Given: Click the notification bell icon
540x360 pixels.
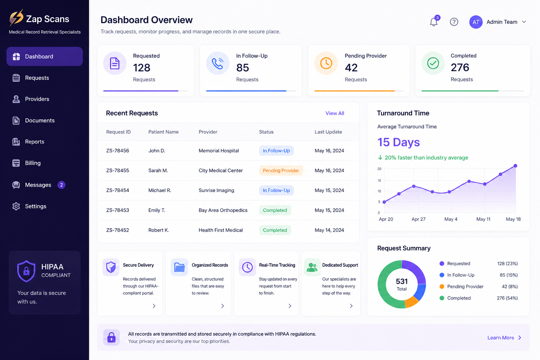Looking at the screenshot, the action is pyautogui.click(x=434, y=22).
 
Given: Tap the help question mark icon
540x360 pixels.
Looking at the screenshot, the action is pyautogui.click(x=454, y=22).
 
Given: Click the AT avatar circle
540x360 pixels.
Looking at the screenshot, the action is pyautogui.click(x=476, y=22).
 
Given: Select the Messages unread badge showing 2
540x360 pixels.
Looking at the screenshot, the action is pyautogui.click(x=62, y=185).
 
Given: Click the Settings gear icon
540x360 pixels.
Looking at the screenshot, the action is pyautogui.click(x=16, y=206).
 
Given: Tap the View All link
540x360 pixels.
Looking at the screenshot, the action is pyautogui.click(x=335, y=113).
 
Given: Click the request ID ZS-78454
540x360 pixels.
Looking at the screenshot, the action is pyautogui.click(x=118, y=190).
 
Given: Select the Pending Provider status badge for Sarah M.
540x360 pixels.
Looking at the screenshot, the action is pyautogui.click(x=281, y=171).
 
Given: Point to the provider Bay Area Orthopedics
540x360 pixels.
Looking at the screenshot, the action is pyautogui.click(x=223, y=210).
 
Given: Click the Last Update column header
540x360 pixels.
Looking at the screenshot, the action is pyautogui.click(x=328, y=132).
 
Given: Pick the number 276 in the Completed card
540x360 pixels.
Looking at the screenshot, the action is pyautogui.click(x=460, y=67).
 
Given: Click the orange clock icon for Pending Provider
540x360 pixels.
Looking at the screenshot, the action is pyautogui.click(x=326, y=63).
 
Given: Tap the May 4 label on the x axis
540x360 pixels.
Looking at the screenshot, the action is pyautogui.click(x=451, y=219).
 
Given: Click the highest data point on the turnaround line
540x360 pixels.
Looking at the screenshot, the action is pyautogui.click(x=515, y=166).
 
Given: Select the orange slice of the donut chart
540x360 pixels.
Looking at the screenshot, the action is pyautogui.click(x=411, y=301).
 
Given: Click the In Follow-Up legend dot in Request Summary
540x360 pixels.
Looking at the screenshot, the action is pyautogui.click(x=442, y=275).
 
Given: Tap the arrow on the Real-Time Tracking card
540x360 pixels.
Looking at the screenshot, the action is pyautogui.click(x=290, y=306).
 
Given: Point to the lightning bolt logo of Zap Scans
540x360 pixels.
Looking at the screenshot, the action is pyautogui.click(x=16, y=18).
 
